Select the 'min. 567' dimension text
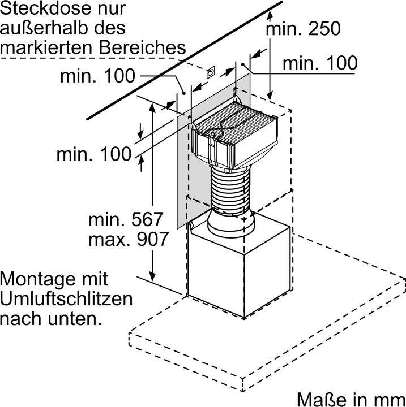(x=126, y=219)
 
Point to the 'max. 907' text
(x=128, y=239)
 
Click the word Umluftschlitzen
(x=66, y=298)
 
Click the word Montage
(x=38, y=279)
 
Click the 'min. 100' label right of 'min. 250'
(x=320, y=63)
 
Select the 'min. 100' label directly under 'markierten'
(x=97, y=75)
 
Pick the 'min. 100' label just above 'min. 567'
(x=94, y=153)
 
